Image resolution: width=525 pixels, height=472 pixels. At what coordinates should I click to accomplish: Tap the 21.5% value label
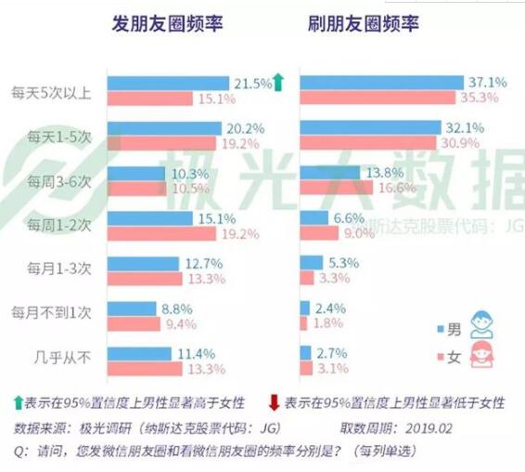250,83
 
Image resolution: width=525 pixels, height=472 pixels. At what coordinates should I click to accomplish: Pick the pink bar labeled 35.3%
381,98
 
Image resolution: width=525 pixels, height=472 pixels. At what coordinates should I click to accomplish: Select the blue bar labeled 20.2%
164,127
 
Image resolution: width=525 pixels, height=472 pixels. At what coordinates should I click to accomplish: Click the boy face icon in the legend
481,324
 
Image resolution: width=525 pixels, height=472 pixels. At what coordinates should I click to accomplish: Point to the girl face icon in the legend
481,355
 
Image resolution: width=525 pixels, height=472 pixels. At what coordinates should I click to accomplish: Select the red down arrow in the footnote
274,402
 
